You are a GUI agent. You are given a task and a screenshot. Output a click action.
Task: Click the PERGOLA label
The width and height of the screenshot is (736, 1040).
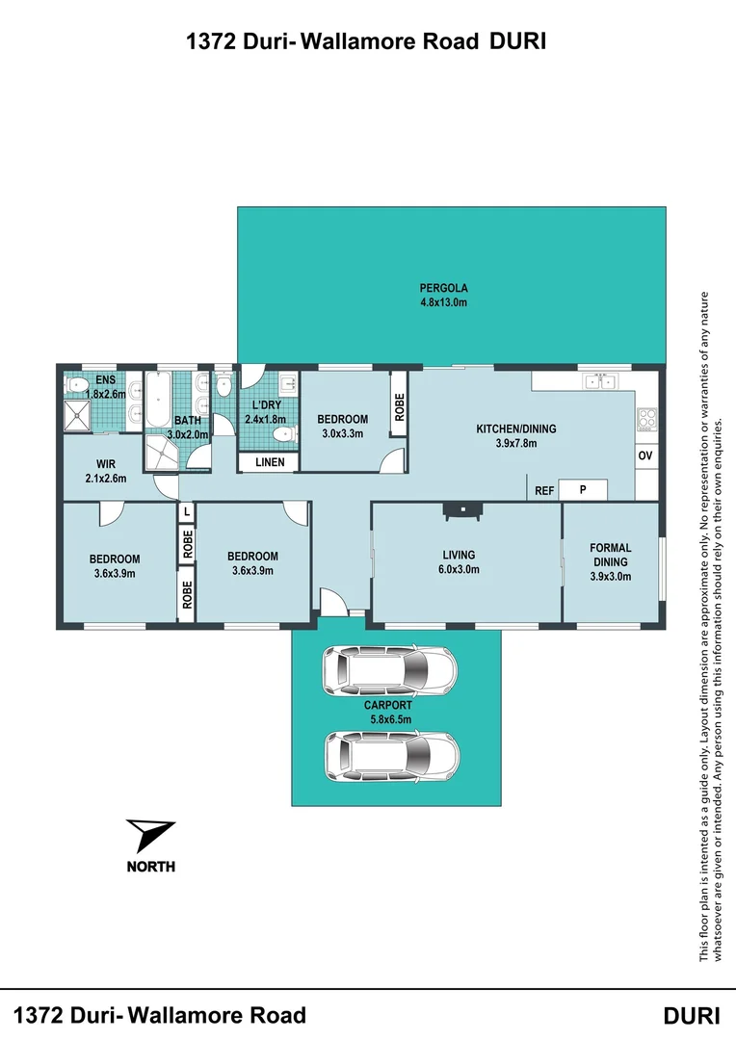tap(443, 287)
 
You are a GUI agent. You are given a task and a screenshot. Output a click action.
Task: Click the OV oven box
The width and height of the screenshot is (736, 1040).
tap(645, 455)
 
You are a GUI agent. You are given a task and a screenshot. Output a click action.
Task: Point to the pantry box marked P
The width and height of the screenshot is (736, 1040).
tap(583, 490)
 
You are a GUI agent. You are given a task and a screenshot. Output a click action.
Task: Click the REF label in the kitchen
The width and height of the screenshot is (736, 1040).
tap(544, 491)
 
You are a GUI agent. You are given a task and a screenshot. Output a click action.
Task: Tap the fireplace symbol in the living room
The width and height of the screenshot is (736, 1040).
tap(459, 510)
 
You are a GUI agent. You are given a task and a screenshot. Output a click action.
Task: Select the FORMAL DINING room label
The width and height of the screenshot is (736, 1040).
tap(610, 555)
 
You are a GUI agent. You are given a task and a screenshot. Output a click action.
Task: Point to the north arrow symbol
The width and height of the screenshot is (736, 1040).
tap(150, 835)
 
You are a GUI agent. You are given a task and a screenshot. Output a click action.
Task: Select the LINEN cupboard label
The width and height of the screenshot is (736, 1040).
tap(269, 462)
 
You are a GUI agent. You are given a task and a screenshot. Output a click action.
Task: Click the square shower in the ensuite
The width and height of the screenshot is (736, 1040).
tap(79, 415)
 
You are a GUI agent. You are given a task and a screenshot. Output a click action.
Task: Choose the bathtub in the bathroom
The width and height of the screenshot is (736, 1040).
tap(157, 403)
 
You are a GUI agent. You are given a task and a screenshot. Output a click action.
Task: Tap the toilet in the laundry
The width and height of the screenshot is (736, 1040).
tap(283, 435)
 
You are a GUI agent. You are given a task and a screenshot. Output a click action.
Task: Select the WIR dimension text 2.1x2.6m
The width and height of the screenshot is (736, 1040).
tap(105, 478)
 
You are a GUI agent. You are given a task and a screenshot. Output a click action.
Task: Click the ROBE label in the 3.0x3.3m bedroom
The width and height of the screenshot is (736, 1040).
tap(399, 410)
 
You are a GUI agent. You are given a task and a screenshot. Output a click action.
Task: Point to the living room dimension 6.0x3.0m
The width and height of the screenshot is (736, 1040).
tap(459, 569)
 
